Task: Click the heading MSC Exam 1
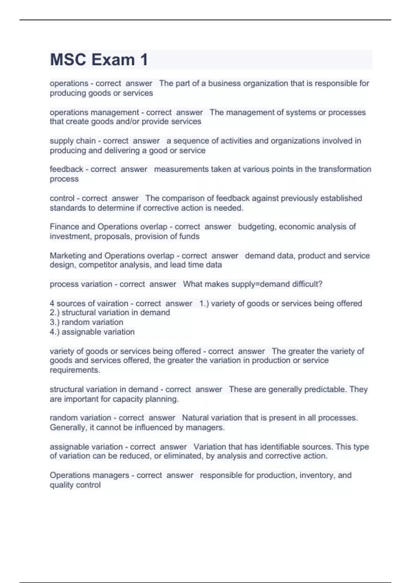(99, 60)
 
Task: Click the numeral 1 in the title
(144, 60)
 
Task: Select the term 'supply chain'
(73, 141)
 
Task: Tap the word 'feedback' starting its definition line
(66, 169)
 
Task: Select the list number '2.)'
(54, 313)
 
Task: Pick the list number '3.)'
(54, 322)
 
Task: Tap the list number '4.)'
(54, 332)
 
